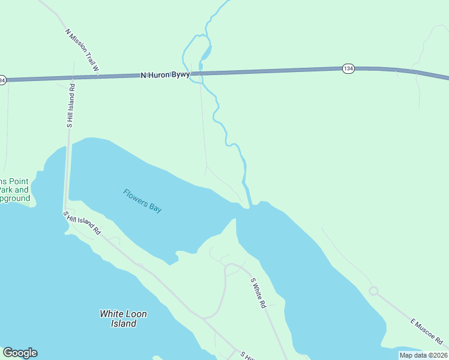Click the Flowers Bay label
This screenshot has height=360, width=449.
142,200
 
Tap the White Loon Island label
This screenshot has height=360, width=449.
123,318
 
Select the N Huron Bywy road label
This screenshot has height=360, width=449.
165,75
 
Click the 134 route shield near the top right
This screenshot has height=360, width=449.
348,68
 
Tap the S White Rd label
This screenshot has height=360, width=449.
258,293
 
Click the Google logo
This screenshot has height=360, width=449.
20,353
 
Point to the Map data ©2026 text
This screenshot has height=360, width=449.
423,355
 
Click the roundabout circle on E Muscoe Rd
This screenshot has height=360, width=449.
373,291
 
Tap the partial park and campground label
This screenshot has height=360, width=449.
14,190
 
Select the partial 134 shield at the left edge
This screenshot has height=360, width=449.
2,80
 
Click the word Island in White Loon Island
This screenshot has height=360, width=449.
123,323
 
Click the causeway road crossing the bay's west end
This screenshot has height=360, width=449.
67,174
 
